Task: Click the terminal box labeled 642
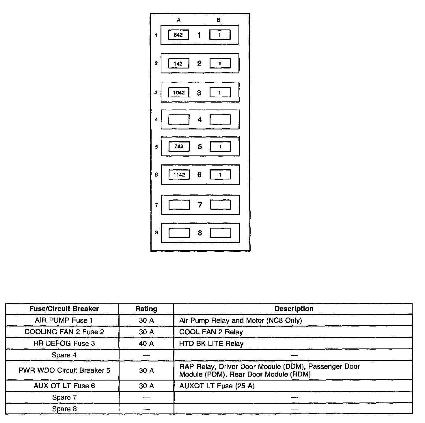(x=178, y=35)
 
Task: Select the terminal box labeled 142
(x=178, y=64)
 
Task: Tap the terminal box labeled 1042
(x=179, y=93)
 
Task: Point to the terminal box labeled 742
(x=179, y=146)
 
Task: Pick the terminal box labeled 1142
(x=179, y=175)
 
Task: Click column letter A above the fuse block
(x=179, y=20)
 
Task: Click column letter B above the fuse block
(x=218, y=20)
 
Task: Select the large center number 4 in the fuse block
(x=200, y=120)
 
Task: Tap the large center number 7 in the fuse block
(x=200, y=205)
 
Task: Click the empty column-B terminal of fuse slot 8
(x=221, y=233)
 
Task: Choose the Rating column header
(x=146, y=309)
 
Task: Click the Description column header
(x=294, y=309)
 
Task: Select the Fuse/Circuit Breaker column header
(x=64, y=309)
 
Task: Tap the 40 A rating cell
(x=146, y=344)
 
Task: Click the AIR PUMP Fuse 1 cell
(x=64, y=320)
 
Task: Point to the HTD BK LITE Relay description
(x=211, y=344)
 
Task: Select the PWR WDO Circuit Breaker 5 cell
(x=64, y=370)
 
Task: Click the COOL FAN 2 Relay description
(x=211, y=332)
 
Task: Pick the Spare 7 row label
(x=64, y=398)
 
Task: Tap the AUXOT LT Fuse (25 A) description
(x=217, y=386)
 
